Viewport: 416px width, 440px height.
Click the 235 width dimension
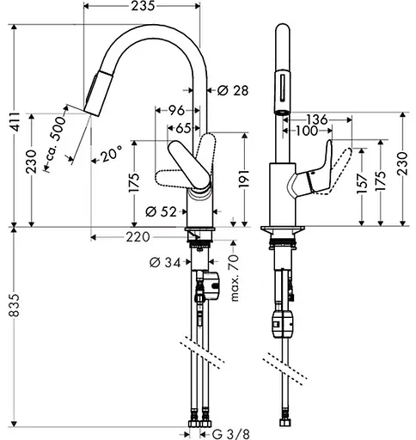(143, 7)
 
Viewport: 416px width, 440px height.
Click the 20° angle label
(109, 154)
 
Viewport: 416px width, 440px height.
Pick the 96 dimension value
(174, 110)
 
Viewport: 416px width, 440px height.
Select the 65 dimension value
(181, 127)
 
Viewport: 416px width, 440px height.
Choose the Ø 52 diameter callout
(162, 211)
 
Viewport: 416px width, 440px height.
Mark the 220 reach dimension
(138, 236)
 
